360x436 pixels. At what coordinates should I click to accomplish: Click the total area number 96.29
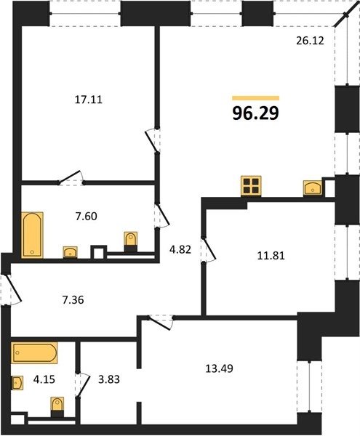coord(255,113)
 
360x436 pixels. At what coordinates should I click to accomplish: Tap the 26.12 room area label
coord(310,41)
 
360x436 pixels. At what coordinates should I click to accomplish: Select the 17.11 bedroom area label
coord(89,100)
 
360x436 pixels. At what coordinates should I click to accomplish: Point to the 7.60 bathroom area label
coord(87,216)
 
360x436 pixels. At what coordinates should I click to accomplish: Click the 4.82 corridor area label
coord(180,249)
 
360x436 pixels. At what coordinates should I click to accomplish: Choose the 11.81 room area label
coord(271,256)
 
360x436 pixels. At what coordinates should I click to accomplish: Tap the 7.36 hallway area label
coord(73,300)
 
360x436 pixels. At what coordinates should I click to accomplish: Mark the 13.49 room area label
coord(219,368)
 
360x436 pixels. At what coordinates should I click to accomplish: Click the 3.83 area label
coord(109,379)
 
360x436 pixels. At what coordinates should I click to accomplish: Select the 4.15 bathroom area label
coord(44,379)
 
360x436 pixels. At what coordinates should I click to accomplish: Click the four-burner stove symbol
coord(251,186)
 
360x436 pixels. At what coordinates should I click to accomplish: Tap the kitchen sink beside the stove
coord(313,188)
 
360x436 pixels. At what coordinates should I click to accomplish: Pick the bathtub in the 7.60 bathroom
coord(32,235)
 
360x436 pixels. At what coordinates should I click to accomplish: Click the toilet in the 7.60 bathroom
coord(130,241)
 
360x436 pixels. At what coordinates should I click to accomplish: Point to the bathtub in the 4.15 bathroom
coord(34,353)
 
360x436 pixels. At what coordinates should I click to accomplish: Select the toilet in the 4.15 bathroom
coord(57,407)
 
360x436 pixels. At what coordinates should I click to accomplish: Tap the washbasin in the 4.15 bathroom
coord(17,383)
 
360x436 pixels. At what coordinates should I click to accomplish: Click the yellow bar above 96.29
coord(256,98)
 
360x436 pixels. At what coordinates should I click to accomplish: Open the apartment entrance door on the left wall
coord(11,290)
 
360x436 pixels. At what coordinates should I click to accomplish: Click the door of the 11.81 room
coord(209,249)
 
